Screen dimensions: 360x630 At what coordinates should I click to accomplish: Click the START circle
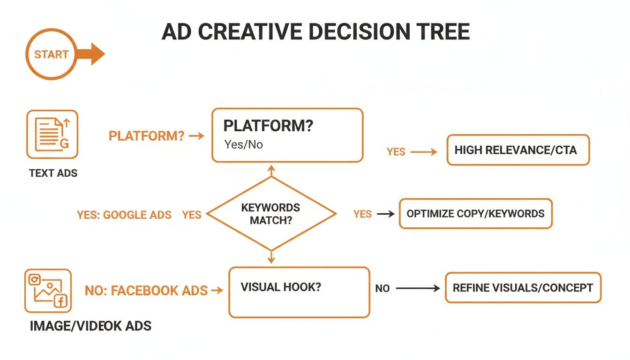coord(51,54)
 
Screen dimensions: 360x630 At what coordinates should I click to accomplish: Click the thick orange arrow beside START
coord(91,54)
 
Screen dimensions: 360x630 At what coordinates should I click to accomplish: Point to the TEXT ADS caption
coord(53,173)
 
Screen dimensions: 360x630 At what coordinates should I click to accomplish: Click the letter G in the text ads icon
coord(64,144)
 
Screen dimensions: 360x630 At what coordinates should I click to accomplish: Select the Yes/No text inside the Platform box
coord(243,144)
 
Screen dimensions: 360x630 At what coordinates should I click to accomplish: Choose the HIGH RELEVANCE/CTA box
coord(517,150)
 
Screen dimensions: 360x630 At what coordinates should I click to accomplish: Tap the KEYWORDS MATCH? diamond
coord(271,214)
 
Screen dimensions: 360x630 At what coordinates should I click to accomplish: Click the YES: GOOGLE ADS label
coord(124,215)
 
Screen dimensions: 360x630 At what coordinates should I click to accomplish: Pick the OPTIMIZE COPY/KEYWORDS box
coord(475,214)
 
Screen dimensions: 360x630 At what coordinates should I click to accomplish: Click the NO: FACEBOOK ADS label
coord(146,291)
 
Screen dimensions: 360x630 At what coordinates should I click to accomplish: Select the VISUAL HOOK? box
coord(299,292)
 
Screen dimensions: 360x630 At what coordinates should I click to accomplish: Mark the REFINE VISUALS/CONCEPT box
coord(523,288)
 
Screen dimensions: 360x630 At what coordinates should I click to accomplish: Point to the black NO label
coord(382,289)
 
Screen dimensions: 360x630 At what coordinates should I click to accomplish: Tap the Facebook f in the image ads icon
coord(60,301)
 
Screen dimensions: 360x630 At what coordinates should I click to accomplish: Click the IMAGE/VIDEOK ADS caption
coord(90,326)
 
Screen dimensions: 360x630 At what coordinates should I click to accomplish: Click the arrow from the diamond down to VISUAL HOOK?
coord(271,257)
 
